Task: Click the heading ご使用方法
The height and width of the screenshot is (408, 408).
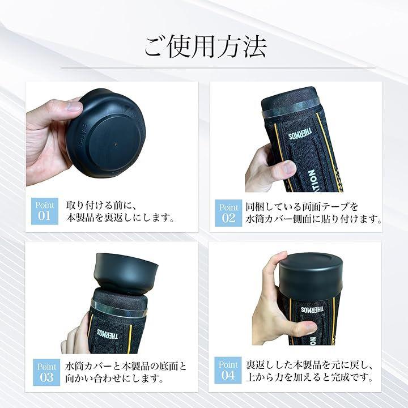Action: pyautogui.click(x=205, y=47)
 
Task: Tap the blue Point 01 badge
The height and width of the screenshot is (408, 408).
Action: pyautogui.click(x=45, y=211)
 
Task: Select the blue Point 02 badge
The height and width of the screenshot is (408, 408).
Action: pyautogui.click(x=228, y=213)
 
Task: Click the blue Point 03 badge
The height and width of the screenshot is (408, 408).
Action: pyautogui.click(x=46, y=372)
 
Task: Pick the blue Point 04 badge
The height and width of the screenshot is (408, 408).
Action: pyautogui.click(x=228, y=370)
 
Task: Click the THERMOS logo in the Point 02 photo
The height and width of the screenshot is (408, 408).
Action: pyautogui.click(x=300, y=134)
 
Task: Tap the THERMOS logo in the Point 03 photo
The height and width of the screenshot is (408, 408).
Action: pyautogui.click(x=107, y=334)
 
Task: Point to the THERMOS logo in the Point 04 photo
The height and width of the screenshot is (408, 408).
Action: pyautogui.click(x=312, y=309)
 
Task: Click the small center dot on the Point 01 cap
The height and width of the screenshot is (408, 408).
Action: pyautogui.click(x=116, y=143)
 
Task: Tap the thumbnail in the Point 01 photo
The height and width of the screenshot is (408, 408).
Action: pyautogui.click(x=74, y=107)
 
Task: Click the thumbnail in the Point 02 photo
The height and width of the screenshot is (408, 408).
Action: pyautogui.click(x=289, y=167)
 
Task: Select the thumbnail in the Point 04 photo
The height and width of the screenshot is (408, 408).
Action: pyautogui.click(x=310, y=325)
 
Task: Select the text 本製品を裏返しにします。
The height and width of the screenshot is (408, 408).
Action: pyautogui.click(x=120, y=218)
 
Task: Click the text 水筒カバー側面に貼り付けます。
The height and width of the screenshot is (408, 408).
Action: pyautogui.click(x=314, y=219)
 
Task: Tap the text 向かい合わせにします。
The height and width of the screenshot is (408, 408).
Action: pyautogui.click(x=114, y=378)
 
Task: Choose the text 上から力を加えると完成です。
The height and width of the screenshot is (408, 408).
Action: pyautogui.click(x=310, y=377)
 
